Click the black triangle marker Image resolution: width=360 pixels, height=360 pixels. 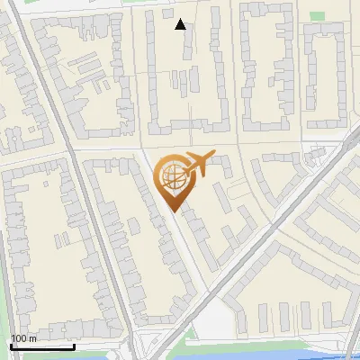tap(181, 24)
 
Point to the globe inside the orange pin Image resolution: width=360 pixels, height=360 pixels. tap(173, 176)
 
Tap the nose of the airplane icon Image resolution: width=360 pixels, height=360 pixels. tap(213, 155)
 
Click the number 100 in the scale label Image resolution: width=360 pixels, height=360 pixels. tap(19, 339)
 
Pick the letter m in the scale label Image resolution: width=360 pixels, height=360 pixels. tap(32, 339)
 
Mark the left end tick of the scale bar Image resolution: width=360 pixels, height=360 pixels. tap(11, 346)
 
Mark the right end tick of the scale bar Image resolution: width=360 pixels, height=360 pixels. tap(74, 346)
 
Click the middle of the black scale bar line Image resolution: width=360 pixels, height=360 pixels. tap(42, 347)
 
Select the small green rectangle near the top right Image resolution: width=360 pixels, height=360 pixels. tap(316, 15)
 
